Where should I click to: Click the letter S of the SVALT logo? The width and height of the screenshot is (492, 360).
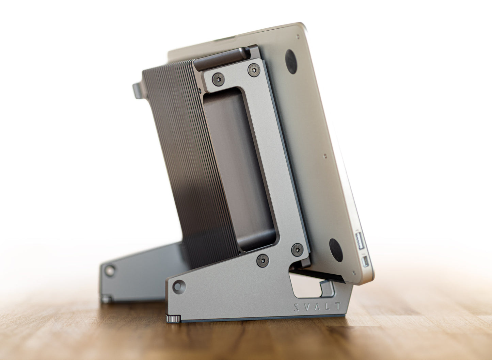tap(296, 307)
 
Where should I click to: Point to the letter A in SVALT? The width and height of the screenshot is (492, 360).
tap(317, 307)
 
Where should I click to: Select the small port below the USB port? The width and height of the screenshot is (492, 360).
tap(365, 261)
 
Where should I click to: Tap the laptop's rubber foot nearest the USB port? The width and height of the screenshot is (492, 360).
tap(336, 250)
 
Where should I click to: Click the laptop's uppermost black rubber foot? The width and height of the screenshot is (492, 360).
tap(291, 62)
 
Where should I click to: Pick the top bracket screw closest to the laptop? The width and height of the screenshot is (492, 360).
tap(254, 70)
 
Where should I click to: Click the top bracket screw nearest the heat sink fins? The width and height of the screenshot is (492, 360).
tap(218, 79)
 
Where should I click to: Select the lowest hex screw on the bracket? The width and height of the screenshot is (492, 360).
tap(263, 261)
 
